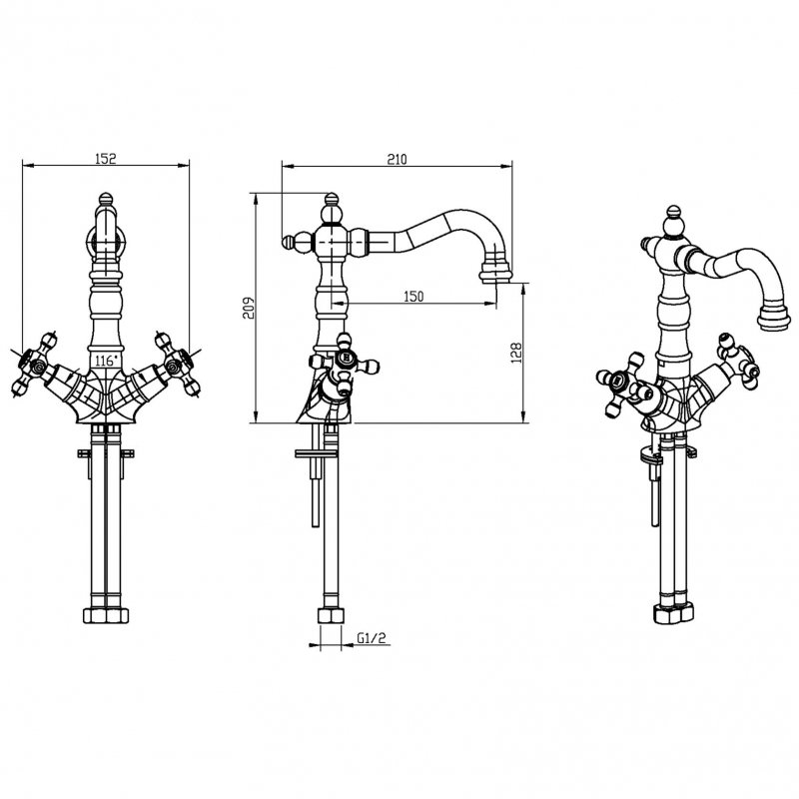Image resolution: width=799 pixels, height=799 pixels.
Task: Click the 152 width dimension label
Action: [107, 158]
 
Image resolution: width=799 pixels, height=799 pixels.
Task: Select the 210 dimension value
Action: [398, 158]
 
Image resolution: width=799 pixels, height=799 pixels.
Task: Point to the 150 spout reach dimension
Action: [414, 297]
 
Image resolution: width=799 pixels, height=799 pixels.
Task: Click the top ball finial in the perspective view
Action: [676, 216]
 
